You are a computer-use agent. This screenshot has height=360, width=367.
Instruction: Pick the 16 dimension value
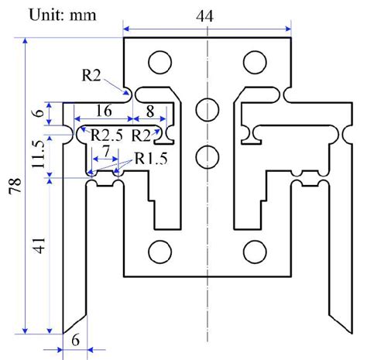point(104,110)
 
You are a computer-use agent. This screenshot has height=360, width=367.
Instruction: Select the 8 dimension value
point(150,110)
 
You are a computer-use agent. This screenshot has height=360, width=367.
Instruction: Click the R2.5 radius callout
point(105,135)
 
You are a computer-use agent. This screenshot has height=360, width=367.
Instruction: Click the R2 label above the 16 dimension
point(91,74)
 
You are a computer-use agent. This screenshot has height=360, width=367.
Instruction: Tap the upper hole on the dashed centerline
point(207,107)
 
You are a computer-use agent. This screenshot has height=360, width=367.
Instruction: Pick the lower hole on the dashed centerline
point(207,156)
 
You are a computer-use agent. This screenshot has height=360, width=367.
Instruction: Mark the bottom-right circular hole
point(254,252)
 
